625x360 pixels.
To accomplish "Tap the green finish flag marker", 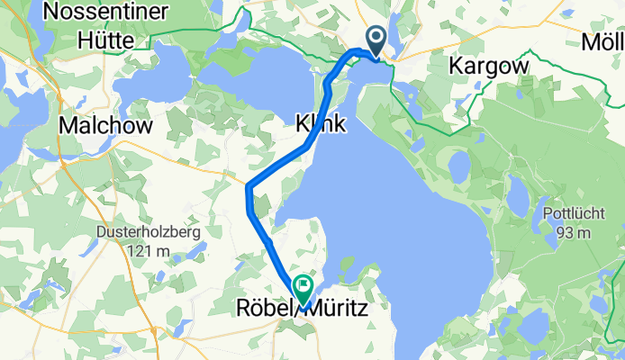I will click(302, 288).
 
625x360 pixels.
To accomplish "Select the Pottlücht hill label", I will click(568, 214).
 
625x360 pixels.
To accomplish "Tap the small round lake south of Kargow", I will click(459, 166).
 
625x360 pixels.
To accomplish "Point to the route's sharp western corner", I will click(248, 186).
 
